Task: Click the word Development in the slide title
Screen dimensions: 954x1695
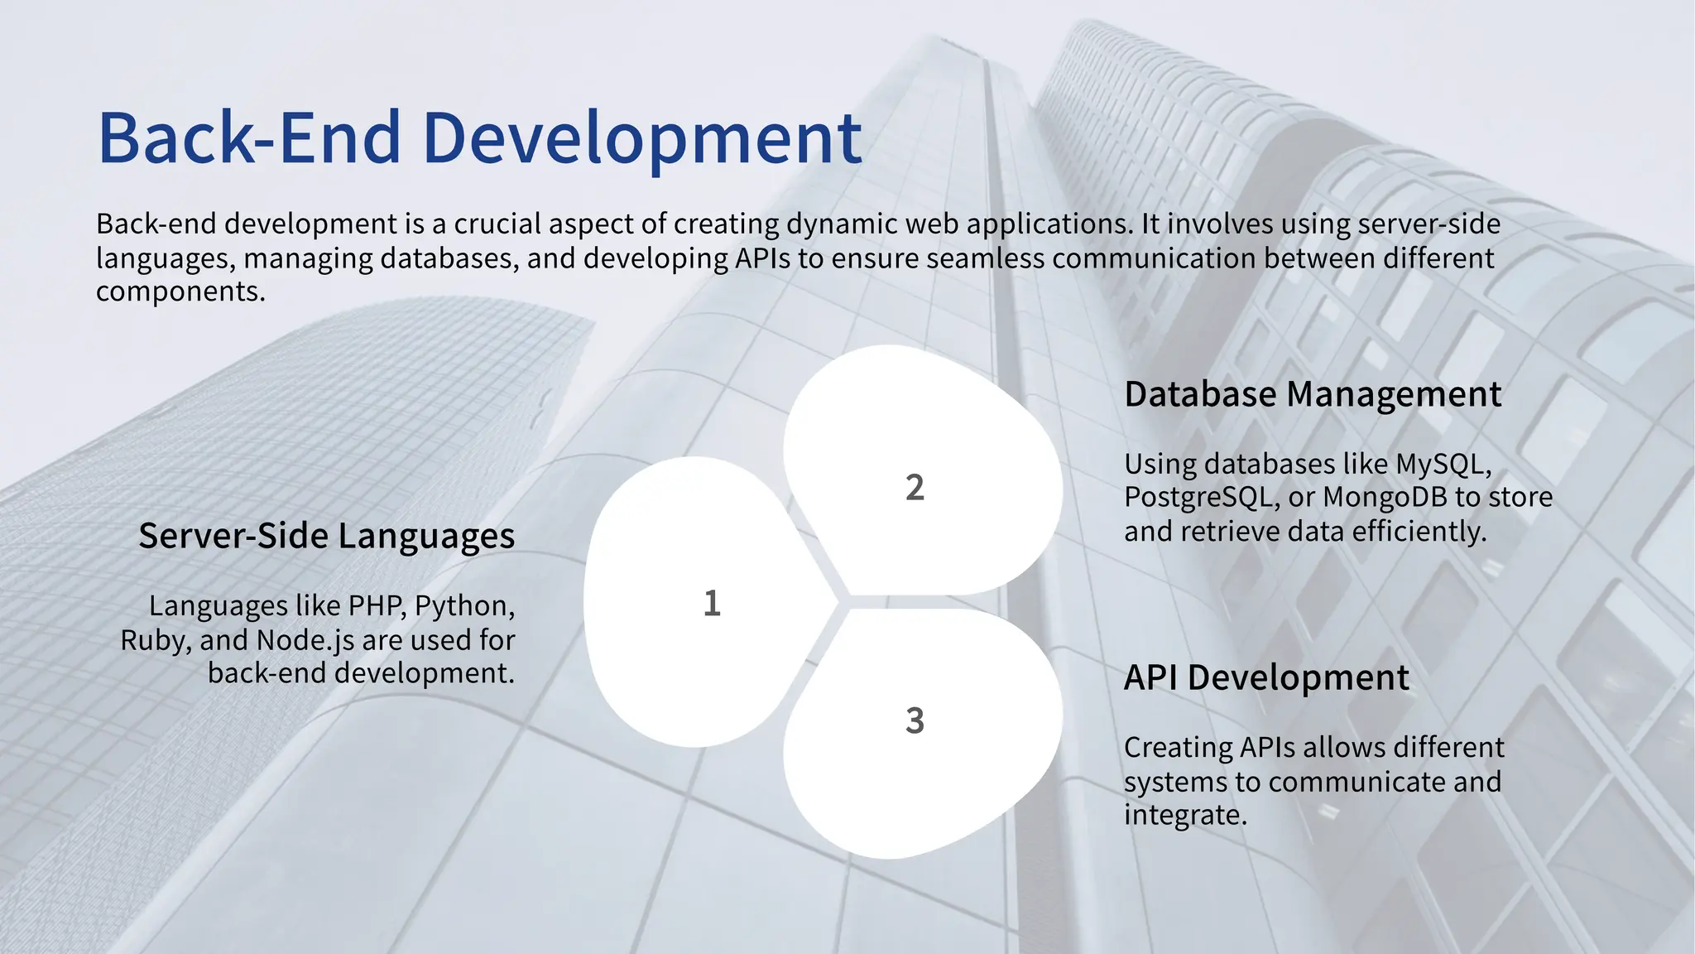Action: click(x=642, y=137)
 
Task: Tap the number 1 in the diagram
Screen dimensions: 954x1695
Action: click(x=712, y=603)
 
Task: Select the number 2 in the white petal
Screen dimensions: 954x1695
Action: click(x=915, y=487)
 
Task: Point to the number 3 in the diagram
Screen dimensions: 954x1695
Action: click(x=915, y=720)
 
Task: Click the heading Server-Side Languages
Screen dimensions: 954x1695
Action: click(x=326, y=536)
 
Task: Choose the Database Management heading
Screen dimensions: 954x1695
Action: click(x=1312, y=394)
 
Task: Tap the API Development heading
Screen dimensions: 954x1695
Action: click(x=1265, y=677)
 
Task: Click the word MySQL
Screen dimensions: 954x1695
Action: click(x=1442, y=464)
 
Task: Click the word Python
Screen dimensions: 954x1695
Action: click(x=463, y=606)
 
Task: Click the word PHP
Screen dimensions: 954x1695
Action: click(x=377, y=606)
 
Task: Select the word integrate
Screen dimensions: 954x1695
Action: click(x=1184, y=816)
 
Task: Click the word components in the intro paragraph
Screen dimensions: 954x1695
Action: click(x=180, y=292)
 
